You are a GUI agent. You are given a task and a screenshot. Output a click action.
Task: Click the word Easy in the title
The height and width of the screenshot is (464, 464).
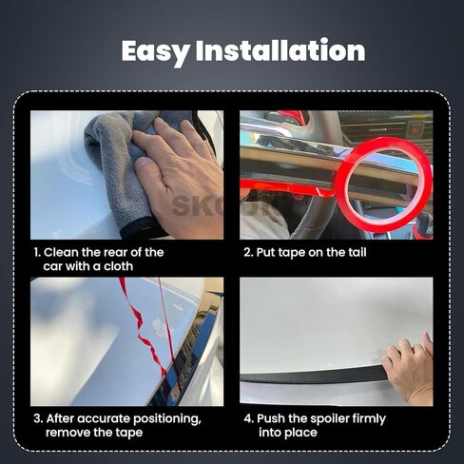156,51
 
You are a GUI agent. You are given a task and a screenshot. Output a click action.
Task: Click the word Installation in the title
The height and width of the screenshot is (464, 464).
280,50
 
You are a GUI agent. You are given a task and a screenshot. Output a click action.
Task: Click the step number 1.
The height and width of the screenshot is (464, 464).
37,253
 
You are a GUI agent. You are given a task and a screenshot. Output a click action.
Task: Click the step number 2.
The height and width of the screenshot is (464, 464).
248,253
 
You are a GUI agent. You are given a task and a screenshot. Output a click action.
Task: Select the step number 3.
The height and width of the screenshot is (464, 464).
38,418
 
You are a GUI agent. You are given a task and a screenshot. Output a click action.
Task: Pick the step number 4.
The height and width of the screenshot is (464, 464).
248,418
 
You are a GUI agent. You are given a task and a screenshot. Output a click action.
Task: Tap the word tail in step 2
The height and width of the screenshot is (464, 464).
358,252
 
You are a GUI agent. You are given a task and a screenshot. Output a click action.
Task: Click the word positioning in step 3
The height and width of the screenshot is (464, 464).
166,419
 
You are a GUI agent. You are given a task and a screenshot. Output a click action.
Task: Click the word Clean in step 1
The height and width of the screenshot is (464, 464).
61,252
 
